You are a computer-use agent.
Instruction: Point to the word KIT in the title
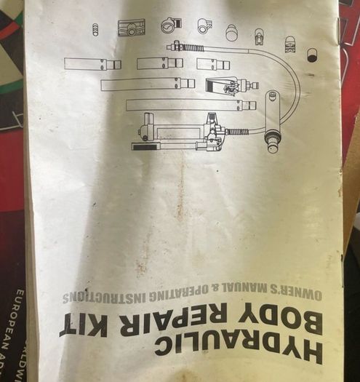[83, 325]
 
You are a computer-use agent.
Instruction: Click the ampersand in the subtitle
[215, 289]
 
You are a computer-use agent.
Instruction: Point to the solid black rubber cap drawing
[311, 55]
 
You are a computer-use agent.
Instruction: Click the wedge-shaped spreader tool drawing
[232, 86]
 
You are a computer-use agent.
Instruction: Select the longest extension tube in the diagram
[191, 105]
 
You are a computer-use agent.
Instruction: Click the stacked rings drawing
[96, 30]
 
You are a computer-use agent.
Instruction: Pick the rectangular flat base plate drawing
[132, 28]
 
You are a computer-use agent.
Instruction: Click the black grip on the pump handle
[145, 147]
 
